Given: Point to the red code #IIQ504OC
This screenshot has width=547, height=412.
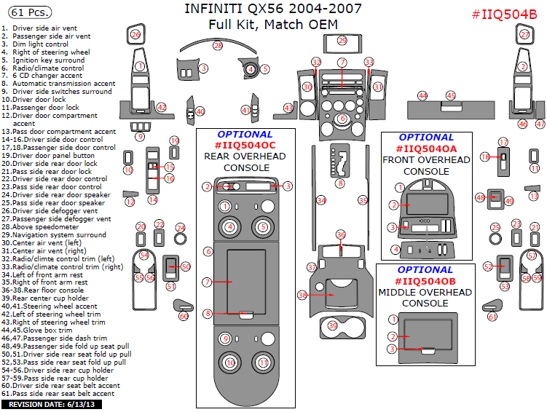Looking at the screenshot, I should (245, 146).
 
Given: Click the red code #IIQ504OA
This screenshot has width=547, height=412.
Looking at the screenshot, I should (426, 148).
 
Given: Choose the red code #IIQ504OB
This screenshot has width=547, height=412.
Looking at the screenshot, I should (426, 281).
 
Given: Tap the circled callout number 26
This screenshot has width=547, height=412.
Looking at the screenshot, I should (135, 34).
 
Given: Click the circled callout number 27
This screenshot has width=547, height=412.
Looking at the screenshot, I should (524, 34).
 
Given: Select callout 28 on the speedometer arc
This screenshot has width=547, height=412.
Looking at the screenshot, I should (217, 46).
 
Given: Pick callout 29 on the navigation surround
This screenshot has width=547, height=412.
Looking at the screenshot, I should (342, 41).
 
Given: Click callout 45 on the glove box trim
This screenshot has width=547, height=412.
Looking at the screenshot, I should (451, 95).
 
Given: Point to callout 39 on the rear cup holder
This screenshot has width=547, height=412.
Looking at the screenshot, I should (333, 325).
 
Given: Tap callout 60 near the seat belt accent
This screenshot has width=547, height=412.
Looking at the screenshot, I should (184, 316).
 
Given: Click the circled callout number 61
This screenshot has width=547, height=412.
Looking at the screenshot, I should (492, 317).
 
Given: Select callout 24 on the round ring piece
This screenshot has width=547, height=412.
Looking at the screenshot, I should (181, 228).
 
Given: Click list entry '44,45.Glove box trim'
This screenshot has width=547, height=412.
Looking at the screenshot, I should (47, 330).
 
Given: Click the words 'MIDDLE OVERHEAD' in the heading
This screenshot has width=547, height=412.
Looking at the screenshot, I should (426, 292).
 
